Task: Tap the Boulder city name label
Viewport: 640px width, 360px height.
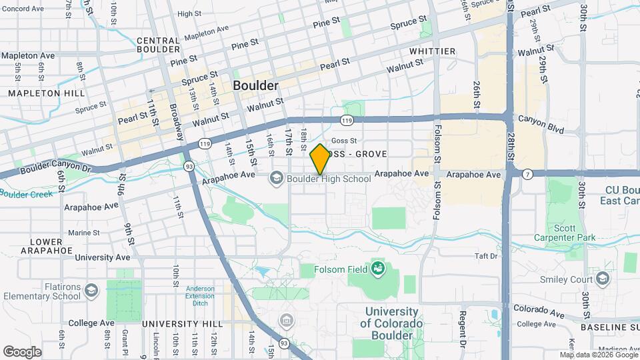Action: tap(255, 86)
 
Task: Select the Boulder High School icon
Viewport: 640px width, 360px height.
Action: tap(277, 178)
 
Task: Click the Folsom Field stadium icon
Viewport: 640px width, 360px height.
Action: tap(378, 269)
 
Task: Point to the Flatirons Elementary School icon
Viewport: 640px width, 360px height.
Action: tap(91, 289)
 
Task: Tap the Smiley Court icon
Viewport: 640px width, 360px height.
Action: tap(603, 278)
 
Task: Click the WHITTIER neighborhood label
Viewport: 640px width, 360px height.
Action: tap(433, 51)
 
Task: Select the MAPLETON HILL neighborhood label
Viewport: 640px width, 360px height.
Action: tap(38, 93)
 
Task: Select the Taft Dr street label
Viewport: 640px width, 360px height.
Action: tap(486, 256)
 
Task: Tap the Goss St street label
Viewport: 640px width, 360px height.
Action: tap(345, 141)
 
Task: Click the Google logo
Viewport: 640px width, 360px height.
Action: tap(22, 351)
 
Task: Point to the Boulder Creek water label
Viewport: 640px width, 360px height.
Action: tap(25, 194)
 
